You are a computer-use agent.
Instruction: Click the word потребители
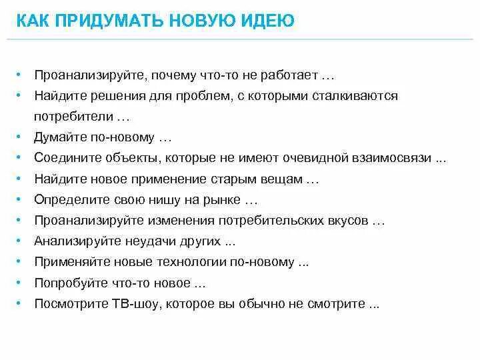tap(75, 116)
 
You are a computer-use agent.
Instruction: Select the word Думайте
tap(60, 137)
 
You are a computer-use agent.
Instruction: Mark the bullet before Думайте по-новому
tap(21, 137)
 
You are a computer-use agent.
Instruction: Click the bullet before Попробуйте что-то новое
tap(21, 283)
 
